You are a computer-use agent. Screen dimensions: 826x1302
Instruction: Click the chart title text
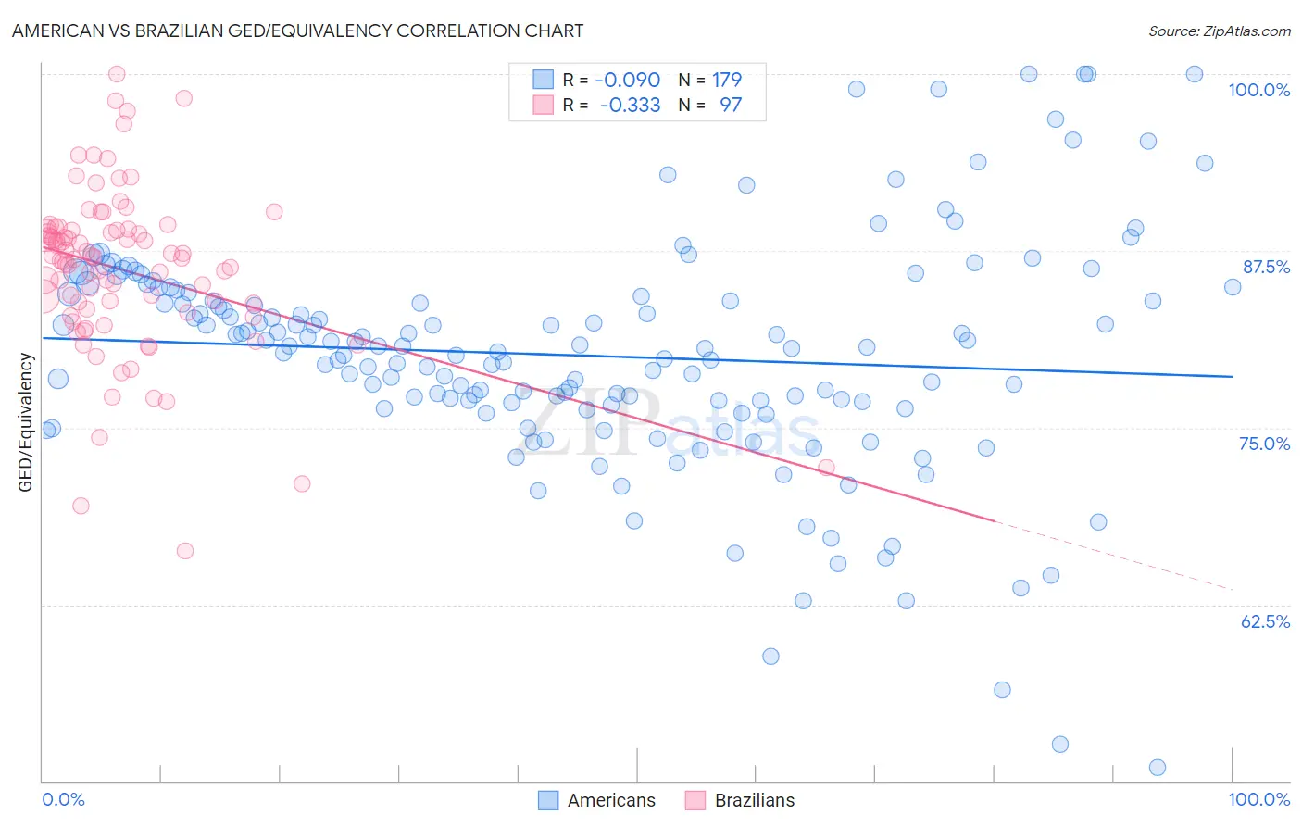(x=296, y=31)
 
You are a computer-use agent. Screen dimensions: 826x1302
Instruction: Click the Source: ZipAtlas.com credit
(x=1219, y=31)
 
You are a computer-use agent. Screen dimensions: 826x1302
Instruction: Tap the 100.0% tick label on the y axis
(x=1258, y=90)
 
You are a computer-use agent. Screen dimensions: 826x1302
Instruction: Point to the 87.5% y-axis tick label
(x=1266, y=267)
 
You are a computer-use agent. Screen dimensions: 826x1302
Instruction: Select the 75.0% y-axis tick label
(x=1264, y=444)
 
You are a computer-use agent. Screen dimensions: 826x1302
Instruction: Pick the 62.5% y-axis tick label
(x=1265, y=621)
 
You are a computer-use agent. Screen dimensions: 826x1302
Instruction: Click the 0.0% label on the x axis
(x=63, y=799)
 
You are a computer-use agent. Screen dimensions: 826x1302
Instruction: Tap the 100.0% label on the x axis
(x=1258, y=799)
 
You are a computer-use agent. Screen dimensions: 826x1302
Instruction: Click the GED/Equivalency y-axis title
(x=26, y=422)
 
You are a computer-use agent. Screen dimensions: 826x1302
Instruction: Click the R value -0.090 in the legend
(x=627, y=80)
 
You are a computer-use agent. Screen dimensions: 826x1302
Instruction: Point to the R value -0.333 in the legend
(x=630, y=105)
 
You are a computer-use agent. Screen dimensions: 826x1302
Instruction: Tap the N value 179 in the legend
(x=726, y=80)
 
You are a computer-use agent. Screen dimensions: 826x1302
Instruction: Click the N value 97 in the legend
(x=731, y=105)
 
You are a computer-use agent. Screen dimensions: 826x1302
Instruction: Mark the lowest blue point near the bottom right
(x=1157, y=767)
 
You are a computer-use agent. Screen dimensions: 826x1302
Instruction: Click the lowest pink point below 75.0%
(x=185, y=551)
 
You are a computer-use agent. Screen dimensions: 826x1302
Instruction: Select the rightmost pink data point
(x=826, y=468)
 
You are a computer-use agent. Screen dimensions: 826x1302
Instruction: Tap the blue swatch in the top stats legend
(x=543, y=80)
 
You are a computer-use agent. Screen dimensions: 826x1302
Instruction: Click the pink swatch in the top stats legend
(x=543, y=105)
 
